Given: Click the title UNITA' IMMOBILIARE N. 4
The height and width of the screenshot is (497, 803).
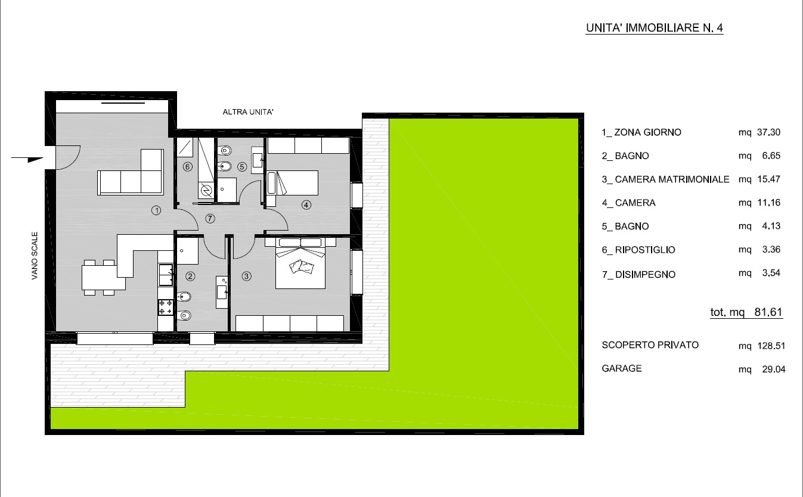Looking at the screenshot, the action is click(654, 28).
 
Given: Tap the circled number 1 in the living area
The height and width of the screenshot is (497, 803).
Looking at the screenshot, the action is click(156, 210).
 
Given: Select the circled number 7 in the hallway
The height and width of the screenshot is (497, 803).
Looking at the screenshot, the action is click(210, 218).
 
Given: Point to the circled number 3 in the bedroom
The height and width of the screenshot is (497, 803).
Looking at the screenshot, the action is click(246, 276).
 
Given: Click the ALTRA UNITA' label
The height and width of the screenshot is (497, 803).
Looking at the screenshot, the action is click(248, 112).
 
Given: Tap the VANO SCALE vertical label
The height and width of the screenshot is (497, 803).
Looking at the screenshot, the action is click(35, 256).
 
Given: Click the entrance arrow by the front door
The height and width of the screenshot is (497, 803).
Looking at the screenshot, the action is click(27, 159).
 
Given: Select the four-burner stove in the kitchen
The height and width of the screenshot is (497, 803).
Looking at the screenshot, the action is click(166, 307).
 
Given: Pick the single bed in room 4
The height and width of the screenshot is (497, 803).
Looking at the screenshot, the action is click(293, 183).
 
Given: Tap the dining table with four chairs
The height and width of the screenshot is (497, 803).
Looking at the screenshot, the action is click(100, 277).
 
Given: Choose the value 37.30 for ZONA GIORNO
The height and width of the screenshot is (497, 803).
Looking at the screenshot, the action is click(768, 132).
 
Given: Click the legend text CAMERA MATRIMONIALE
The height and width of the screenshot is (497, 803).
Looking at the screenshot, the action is click(672, 179).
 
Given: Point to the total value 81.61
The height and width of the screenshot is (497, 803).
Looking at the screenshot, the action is click(768, 312).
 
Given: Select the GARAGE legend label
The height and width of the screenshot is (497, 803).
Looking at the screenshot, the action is click(622, 368).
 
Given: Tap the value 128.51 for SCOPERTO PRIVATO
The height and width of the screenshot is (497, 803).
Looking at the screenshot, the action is click(771, 346).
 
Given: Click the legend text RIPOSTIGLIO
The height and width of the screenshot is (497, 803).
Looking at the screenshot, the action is click(645, 250).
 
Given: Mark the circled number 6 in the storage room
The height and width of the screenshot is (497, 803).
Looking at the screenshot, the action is click(188, 167).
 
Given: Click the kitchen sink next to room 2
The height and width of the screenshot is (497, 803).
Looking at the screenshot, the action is click(166, 275).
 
